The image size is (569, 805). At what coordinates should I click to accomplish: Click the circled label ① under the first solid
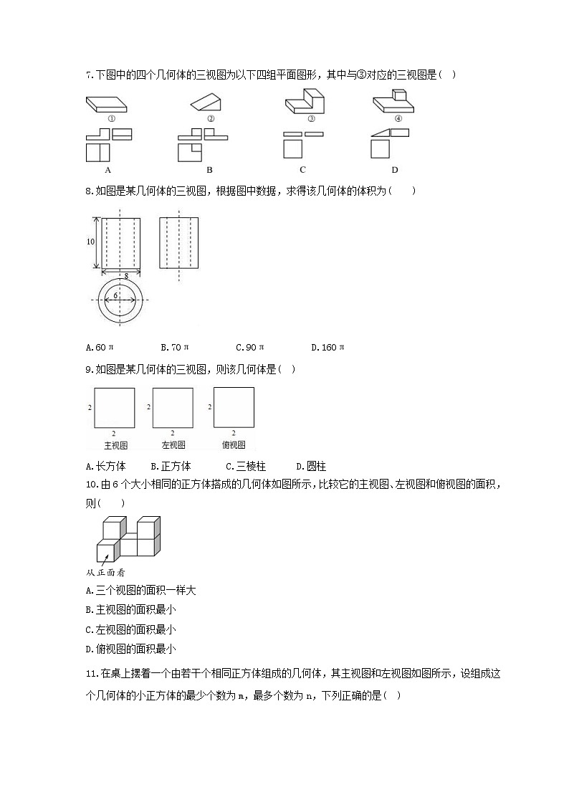[x=111, y=119]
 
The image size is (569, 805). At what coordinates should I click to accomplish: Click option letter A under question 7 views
[x=107, y=170]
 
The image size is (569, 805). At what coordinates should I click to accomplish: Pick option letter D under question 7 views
[x=394, y=170]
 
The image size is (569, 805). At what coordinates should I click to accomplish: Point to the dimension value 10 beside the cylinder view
[x=90, y=242]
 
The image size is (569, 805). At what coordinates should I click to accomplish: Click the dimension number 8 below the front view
[x=126, y=275]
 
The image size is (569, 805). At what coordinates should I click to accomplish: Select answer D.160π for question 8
[x=327, y=348]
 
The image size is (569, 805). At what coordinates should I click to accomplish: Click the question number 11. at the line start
[x=92, y=674]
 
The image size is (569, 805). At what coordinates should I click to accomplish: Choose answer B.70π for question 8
[x=175, y=348]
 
